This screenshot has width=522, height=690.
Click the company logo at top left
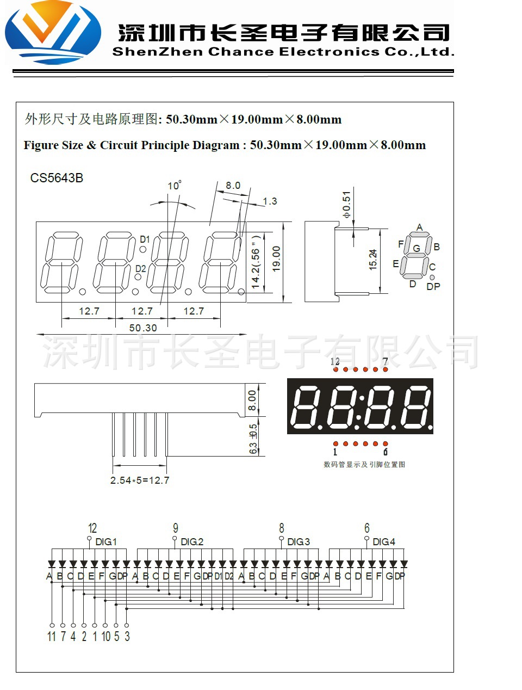tap(53, 33)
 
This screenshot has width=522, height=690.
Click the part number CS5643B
tap(57, 178)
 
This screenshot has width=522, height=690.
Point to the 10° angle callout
tap(174, 186)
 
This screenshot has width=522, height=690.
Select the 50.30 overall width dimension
tap(143, 328)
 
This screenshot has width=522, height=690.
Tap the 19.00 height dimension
tap(276, 259)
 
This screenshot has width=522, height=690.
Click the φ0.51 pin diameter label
tap(346, 205)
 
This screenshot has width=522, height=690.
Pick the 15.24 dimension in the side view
tap(372, 260)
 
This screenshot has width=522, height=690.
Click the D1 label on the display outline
tap(145, 239)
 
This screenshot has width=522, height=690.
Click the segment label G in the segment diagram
tap(417, 249)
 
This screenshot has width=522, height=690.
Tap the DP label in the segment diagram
tap(433, 286)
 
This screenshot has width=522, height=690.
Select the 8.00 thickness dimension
tap(252, 400)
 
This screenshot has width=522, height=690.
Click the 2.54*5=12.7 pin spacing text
tap(140, 480)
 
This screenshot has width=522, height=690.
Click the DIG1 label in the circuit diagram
tap(106, 542)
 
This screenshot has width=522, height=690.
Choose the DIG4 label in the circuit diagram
tap(384, 542)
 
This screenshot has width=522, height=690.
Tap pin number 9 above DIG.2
tap(176, 528)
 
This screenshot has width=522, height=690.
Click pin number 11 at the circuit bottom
tap(52, 636)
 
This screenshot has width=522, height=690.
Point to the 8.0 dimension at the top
tap(233, 186)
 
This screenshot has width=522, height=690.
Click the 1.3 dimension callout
tap(270, 201)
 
